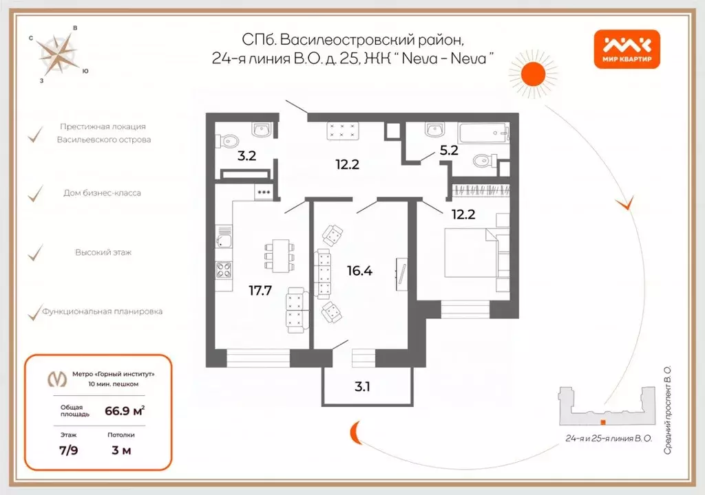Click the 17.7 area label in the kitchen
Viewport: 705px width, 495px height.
pyautogui.click(x=260, y=290)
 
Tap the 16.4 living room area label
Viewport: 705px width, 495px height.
pyautogui.click(x=361, y=271)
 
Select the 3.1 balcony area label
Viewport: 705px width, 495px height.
pyautogui.click(x=363, y=386)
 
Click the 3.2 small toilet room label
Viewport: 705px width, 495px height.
pyautogui.click(x=246, y=155)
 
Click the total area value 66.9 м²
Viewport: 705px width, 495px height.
pyautogui.click(x=124, y=411)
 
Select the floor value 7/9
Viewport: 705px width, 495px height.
pyautogui.click(x=67, y=451)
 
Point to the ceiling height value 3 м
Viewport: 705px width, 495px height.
pyautogui.click(x=121, y=451)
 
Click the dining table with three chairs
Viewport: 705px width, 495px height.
pyautogui.click(x=279, y=256)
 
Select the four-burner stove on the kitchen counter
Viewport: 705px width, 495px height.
pyautogui.click(x=224, y=270)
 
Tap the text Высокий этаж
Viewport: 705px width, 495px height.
pyautogui.click(x=103, y=252)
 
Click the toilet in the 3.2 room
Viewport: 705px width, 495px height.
pyautogui.click(x=227, y=142)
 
